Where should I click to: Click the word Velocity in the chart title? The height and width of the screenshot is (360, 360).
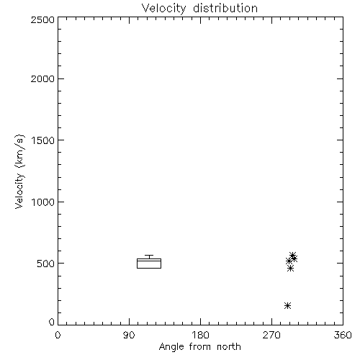pyautogui.click(x=163, y=9)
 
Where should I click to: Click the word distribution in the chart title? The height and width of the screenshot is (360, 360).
pyautogui.click(x=225, y=8)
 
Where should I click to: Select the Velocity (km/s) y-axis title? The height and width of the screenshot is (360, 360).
pyautogui.click(x=19, y=171)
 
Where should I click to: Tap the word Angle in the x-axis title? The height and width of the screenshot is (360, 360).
pyautogui.click(x=171, y=347)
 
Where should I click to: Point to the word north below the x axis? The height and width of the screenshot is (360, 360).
pyautogui.click(x=229, y=346)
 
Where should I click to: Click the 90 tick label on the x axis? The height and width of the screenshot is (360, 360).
pyautogui.click(x=129, y=335)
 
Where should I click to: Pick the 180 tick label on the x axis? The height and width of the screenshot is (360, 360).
pyautogui.click(x=200, y=335)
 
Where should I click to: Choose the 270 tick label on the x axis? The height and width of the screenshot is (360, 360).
pyautogui.click(x=271, y=335)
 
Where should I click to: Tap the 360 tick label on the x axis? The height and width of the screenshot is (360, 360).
pyautogui.click(x=343, y=335)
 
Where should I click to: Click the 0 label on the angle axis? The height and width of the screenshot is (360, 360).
pyautogui.click(x=58, y=335)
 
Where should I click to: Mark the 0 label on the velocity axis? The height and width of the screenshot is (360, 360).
pyautogui.click(x=52, y=322)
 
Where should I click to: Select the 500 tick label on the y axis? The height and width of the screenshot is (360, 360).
pyautogui.click(x=46, y=264)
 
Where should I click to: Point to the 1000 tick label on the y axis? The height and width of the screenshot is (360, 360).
pyautogui.click(x=43, y=202)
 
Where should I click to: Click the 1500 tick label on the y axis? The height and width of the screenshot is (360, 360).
pyautogui.click(x=43, y=140)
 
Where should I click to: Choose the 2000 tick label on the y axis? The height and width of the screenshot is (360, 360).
pyautogui.click(x=42, y=79)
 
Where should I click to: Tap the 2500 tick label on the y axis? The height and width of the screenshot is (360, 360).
pyautogui.click(x=42, y=19)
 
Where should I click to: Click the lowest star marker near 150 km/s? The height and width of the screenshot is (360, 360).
pyautogui.click(x=287, y=305)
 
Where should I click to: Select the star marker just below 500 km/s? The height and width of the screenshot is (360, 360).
pyautogui.click(x=290, y=268)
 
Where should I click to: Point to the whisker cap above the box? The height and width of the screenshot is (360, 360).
pyautogui.click(x=149, y=255)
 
